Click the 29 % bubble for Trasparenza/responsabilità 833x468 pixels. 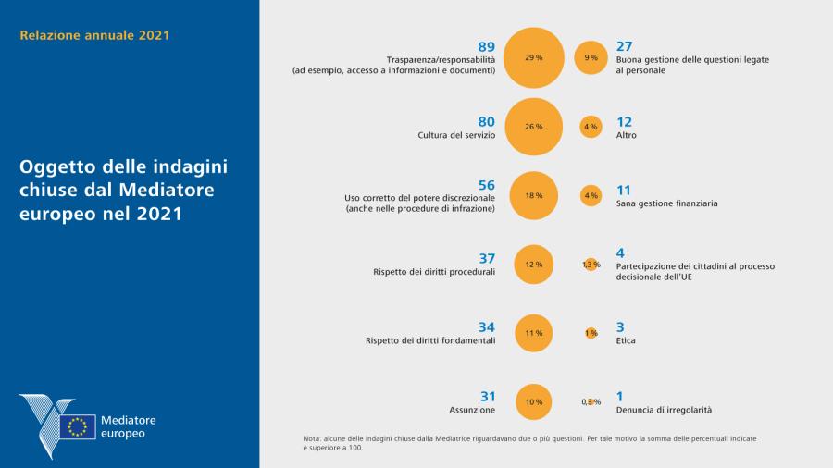(534, 57)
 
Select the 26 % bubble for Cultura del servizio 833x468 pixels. (534, 127)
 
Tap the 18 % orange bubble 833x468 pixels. (534, 196)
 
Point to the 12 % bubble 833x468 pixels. (534, 265)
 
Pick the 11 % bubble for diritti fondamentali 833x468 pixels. (534, 333)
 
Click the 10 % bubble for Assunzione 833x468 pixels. (534, 401)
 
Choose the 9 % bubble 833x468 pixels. (591, 57)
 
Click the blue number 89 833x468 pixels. (487, 46)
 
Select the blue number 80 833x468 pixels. (487, 121)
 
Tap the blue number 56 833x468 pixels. (487, 185)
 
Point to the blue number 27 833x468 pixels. (624, 46)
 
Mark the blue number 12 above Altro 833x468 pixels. (624, 121)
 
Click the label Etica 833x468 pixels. (626, 340)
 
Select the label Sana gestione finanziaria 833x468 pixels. (666, 203)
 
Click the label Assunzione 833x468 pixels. (473, 409)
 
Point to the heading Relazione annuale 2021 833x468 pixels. (94, 36)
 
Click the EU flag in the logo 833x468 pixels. (78, 426)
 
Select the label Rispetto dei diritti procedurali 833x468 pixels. (434, 272)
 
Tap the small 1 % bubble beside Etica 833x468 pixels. (591, 333)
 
